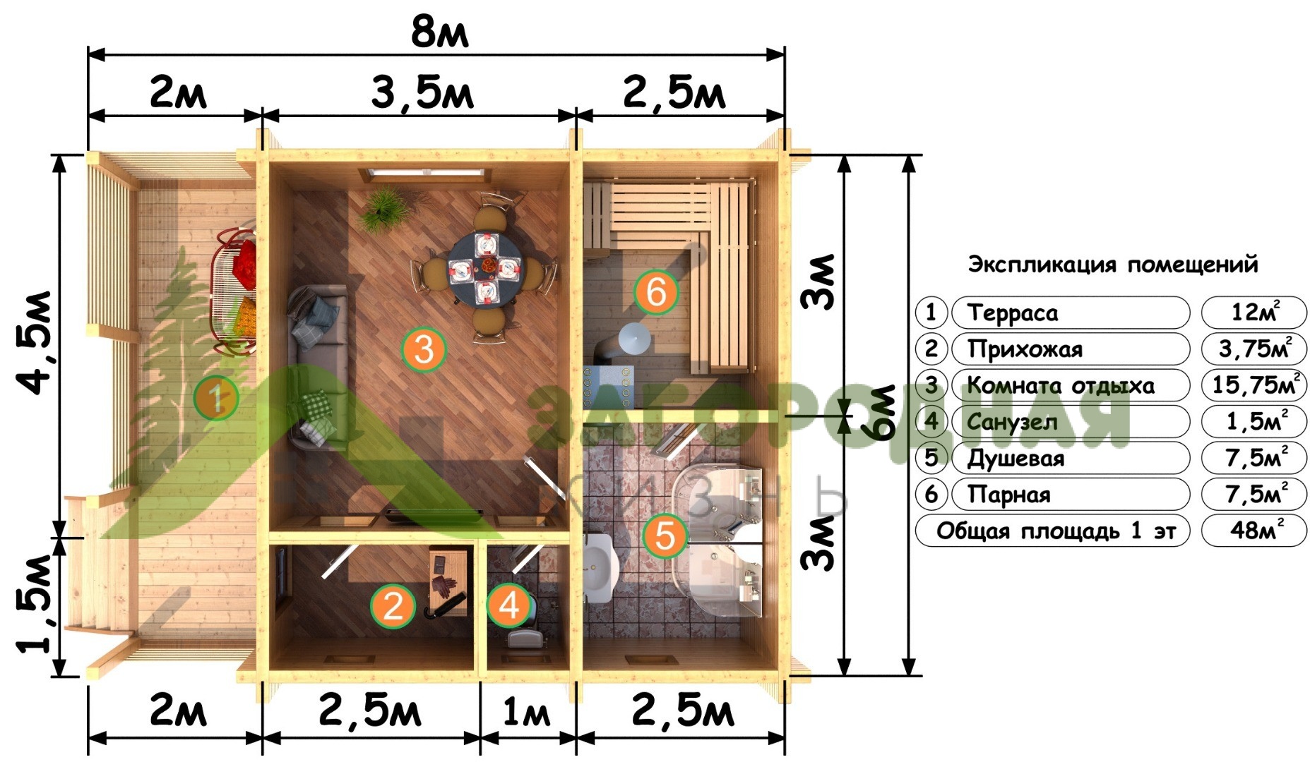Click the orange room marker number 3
(424, 349)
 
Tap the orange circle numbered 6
(656, 291)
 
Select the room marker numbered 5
(665, 536)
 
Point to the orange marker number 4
(509, 605)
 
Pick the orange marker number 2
(393, 606)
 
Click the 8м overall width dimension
(439, 32)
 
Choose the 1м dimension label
(526, 713)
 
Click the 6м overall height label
(882, 413)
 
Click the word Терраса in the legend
(1012, 313)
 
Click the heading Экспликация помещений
(1113, 265)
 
